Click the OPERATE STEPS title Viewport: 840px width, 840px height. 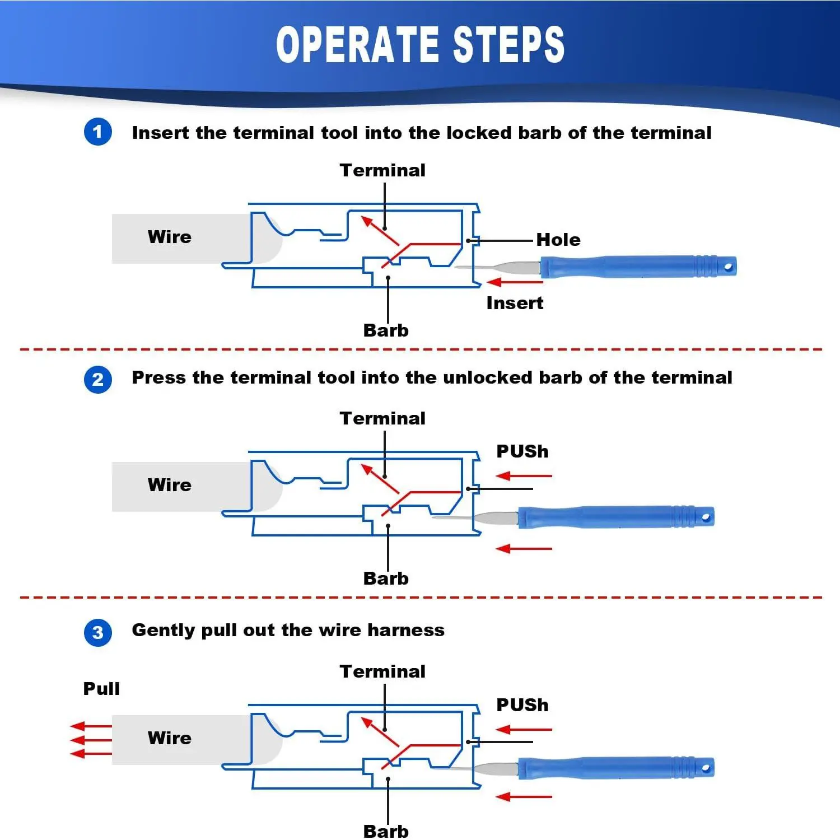(421, 44)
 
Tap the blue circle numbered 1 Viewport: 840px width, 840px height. (98, 132)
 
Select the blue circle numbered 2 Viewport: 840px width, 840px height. (98, 379)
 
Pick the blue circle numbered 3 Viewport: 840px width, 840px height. (98, 632)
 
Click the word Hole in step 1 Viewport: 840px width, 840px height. (558, 240)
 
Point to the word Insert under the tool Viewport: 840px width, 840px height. (515, 303)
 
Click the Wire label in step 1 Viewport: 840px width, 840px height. (170, 237)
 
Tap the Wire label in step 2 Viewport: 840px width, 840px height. (170, 485)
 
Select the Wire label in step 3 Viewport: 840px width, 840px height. (170, 738)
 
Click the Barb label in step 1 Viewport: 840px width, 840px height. (386, 330)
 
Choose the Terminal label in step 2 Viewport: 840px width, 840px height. (382, 418)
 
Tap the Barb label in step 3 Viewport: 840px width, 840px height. (386, 832)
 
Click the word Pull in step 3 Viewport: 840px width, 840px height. (101, 689)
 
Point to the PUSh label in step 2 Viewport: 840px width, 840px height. (522, 451)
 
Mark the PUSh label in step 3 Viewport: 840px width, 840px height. (522, 705)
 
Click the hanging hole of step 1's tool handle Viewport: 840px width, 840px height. (728, 267)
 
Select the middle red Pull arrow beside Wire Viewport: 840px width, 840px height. (91, 740)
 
